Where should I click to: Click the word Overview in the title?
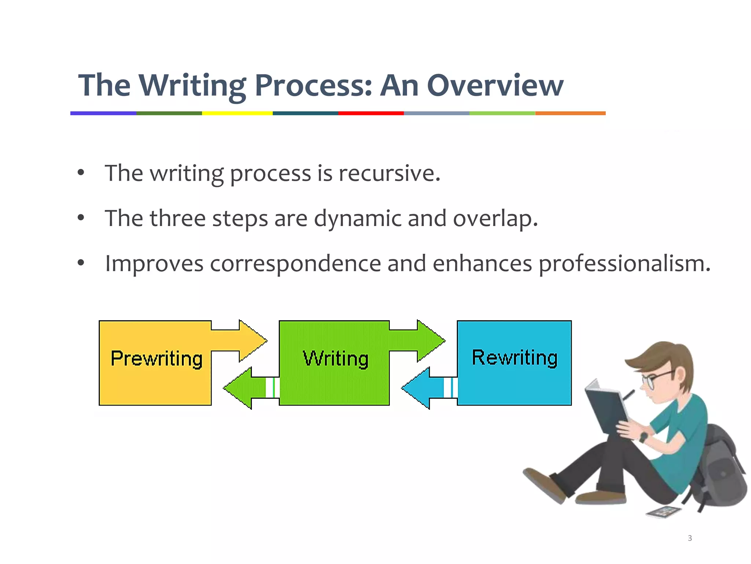click(x=495, y=85)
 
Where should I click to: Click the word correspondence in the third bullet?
click(x=295, y=264)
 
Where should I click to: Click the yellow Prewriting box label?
click(x=156, y=358)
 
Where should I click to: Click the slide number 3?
click(x=690, y=538)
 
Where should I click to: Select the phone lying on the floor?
click(x=663, y=511)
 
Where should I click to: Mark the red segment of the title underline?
click(x=371, y=113)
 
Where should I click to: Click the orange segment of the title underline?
click(x=570, y=113)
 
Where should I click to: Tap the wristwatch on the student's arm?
click(x=644, y=437)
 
